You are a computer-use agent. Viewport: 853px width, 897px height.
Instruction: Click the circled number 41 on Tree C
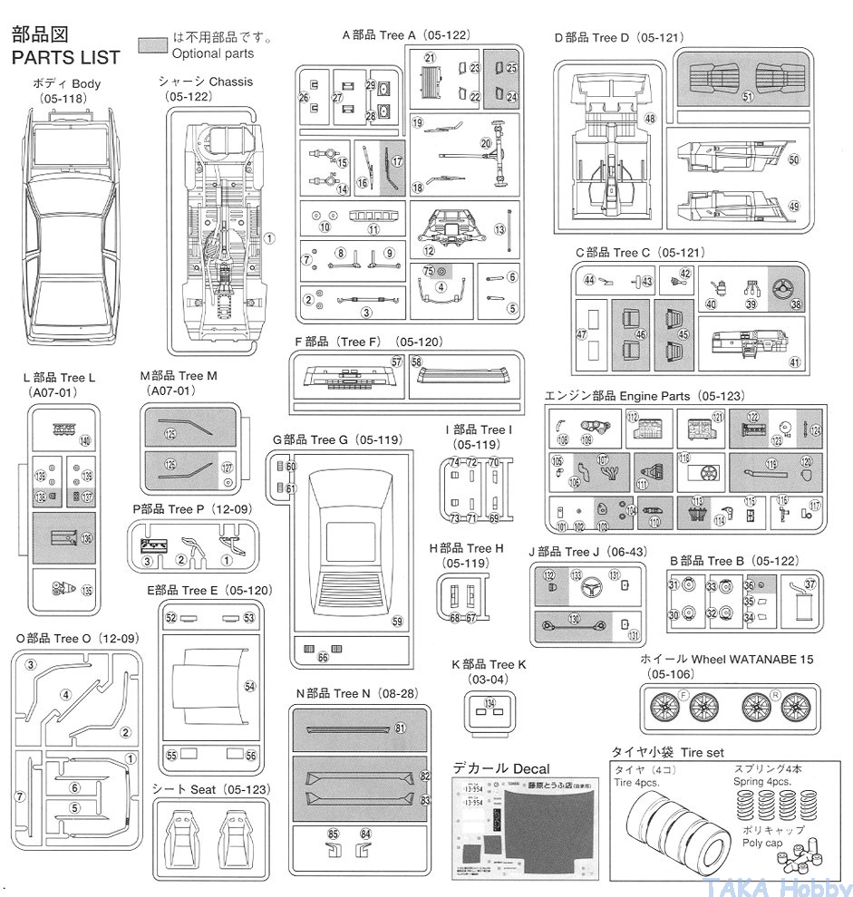point(795,362)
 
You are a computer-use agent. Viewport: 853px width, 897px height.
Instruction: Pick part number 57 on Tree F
point(396,362)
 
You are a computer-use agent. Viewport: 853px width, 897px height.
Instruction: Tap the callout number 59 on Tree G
point(397,621)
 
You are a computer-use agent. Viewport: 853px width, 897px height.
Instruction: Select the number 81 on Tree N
point(400,728)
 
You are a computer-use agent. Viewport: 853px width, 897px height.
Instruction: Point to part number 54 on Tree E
point(250,687)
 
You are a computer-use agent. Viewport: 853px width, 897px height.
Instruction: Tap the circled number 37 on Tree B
point(810,584)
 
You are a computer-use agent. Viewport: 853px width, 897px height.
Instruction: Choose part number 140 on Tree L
point(85,441)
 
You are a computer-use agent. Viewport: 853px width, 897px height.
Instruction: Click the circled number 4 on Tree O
point(66,695)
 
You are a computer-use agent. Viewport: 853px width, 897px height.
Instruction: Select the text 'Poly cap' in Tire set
point(762,843)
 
